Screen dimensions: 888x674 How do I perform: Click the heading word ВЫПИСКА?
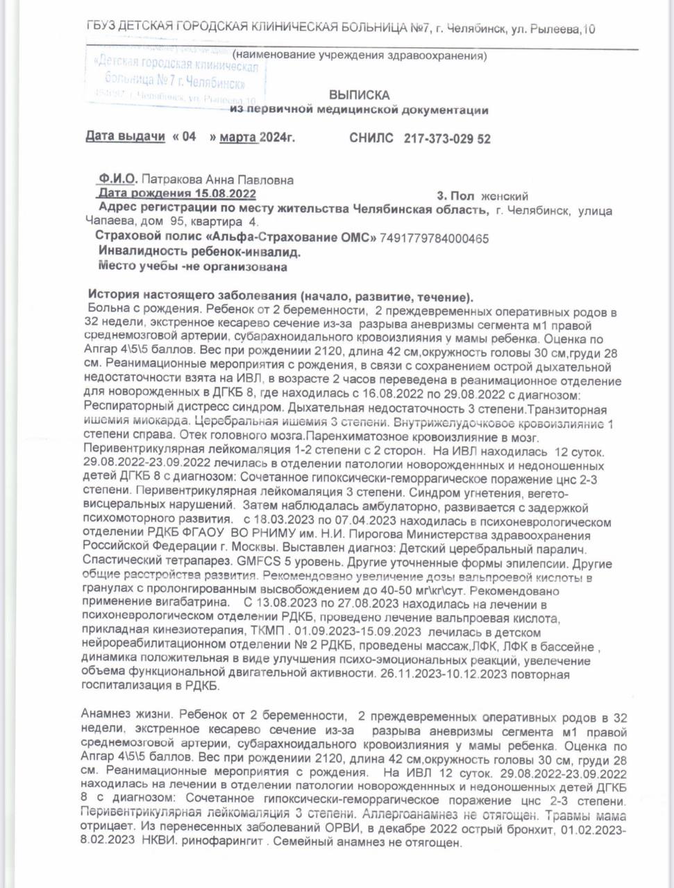point(359,95)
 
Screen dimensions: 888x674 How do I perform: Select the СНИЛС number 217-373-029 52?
point(447,139)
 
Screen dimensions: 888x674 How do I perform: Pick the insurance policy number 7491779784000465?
point(435,239)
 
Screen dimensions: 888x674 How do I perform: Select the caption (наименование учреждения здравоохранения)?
point(359,55)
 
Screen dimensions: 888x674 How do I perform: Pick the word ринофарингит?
point(227,843)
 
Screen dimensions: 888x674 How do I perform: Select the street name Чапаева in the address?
point(106,222)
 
